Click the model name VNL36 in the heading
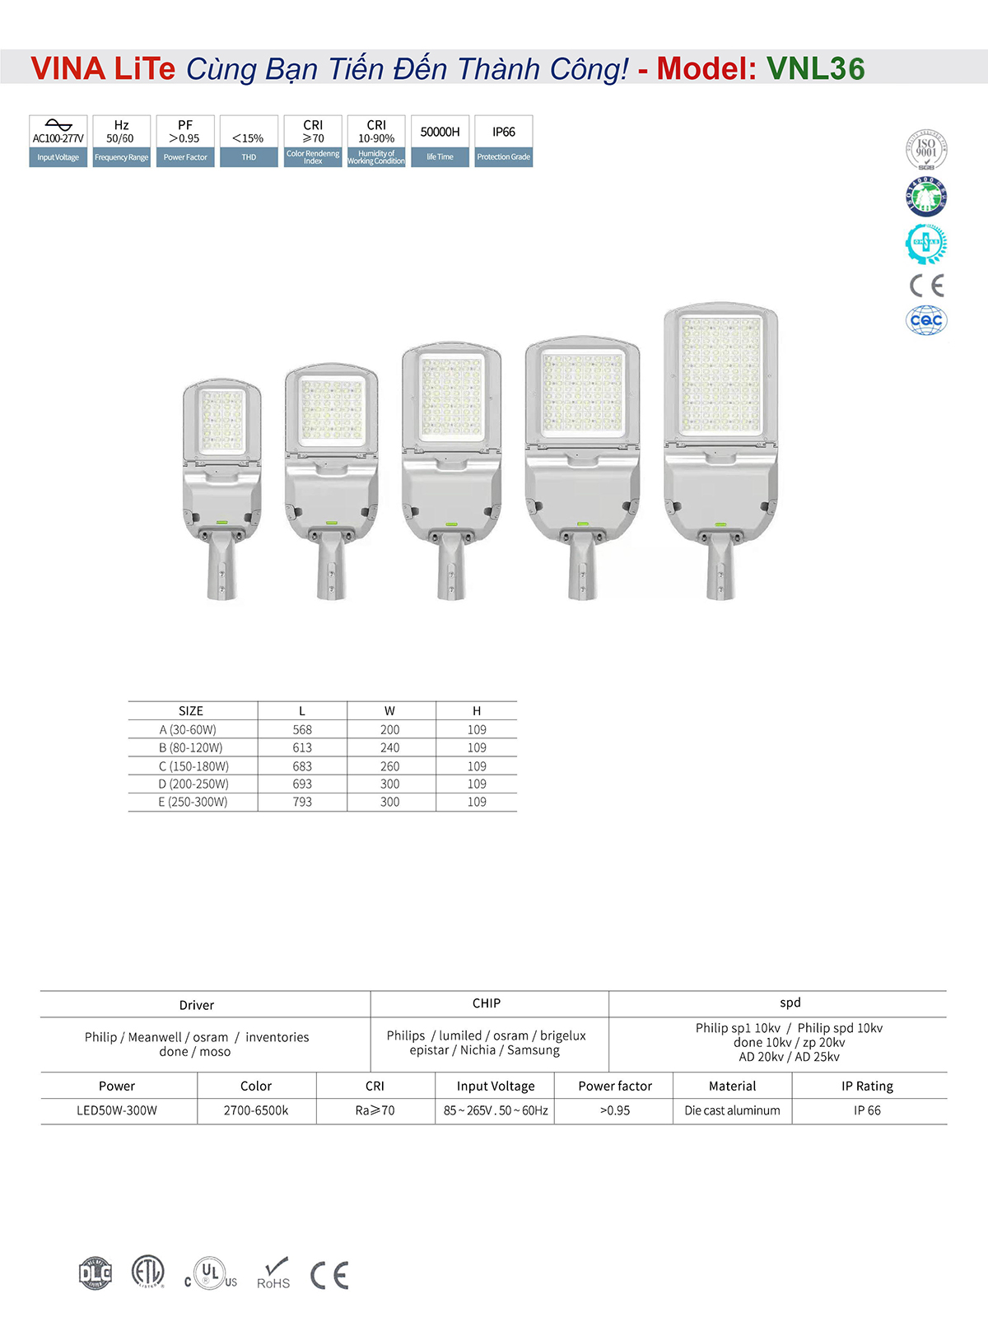[815, 69]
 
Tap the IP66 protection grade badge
[504, 141]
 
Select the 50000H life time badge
[440, 141]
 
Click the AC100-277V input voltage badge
[58, 141]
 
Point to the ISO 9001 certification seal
[926, 150]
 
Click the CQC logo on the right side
[926, 320]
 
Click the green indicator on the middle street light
[450, 523]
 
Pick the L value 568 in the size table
[302, 730]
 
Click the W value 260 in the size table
[389, 766]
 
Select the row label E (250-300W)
[193, 802]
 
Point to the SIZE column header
[191, 711]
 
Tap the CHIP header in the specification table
[487, 1003]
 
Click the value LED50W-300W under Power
[117, 1110]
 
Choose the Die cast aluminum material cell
[732, 1110]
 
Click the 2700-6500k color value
[256, 1110]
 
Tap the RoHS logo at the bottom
[274, 1274]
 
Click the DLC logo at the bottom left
[96, 1273]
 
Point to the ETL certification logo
[148, 1272]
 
